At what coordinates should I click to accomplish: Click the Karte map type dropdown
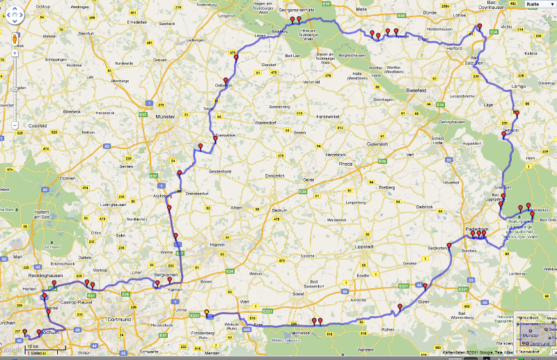pos(537,4)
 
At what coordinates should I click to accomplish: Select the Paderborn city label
pos(478,229)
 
